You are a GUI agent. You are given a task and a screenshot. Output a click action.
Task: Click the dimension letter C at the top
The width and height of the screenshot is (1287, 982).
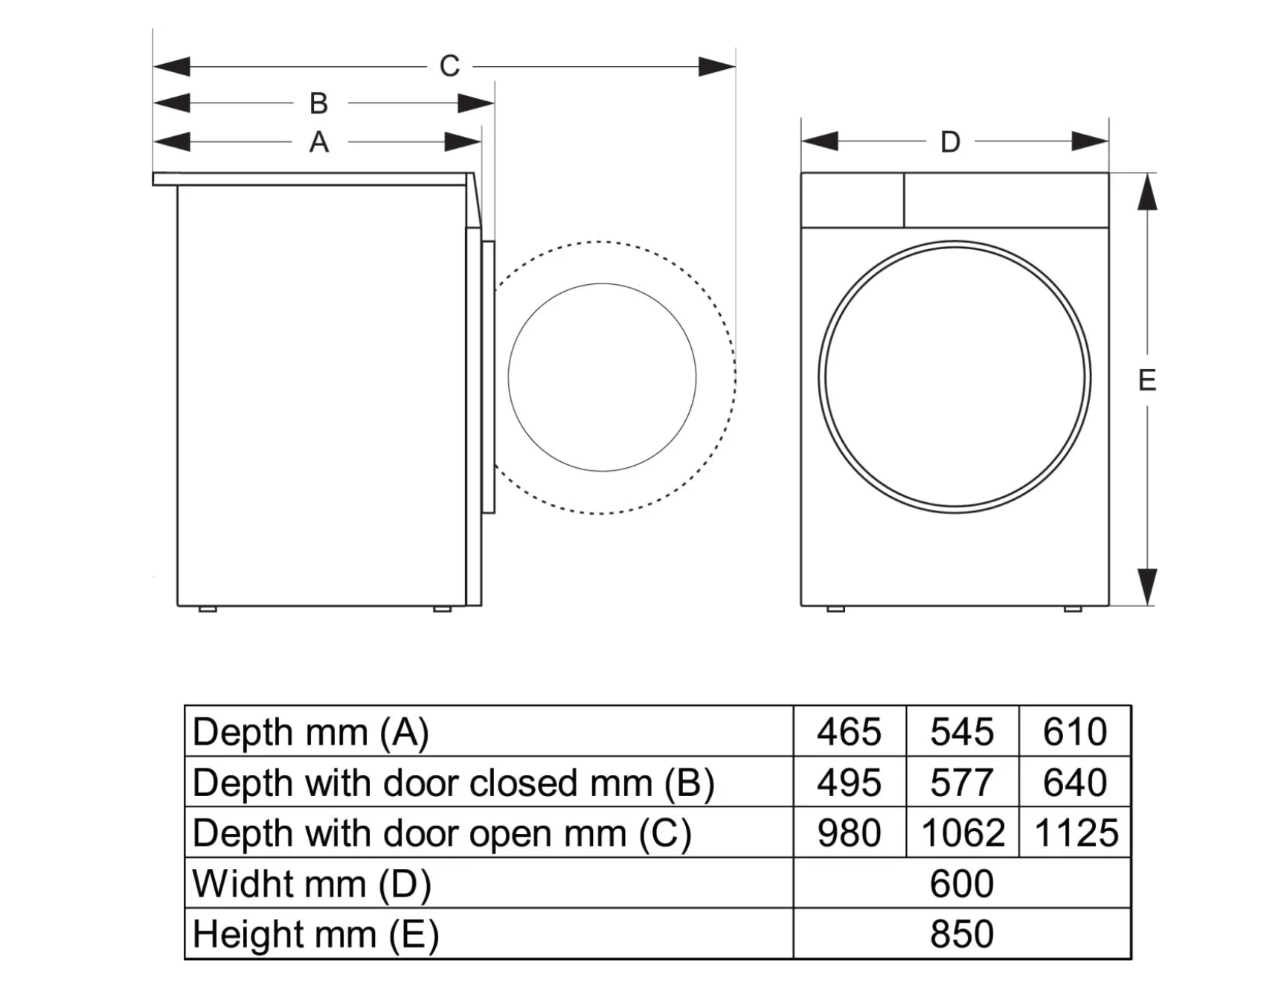click(x=449, y=66)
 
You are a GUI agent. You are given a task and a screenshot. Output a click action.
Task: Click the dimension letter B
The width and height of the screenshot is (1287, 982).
click(x=318, y=103)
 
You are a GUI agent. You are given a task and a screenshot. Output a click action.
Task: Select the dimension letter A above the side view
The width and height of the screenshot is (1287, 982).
click(x=318, y=141)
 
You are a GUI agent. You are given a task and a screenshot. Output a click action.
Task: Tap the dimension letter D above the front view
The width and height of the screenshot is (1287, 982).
click(x=950, y=141)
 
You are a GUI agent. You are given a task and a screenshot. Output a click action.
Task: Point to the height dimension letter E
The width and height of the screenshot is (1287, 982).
click(x=1147, y=380)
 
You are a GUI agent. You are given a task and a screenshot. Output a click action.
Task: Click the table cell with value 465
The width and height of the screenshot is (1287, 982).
click(x=849, y=732)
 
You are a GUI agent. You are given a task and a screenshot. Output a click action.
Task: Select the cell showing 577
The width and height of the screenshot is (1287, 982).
click(x=962, y=783)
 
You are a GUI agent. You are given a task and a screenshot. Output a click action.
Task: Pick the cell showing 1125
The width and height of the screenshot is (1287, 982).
click(x=1076, y=832)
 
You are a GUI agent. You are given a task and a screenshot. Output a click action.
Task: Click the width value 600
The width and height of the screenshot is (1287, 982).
click(x=962, y=884)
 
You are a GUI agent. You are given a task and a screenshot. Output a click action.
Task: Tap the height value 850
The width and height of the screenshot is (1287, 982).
click(x=962, y=934)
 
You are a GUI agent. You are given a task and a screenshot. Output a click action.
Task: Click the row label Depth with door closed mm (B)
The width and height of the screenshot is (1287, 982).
click(x=453, y=783)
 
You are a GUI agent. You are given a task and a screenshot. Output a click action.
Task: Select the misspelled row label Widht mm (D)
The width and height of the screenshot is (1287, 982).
click(x=312, y=884)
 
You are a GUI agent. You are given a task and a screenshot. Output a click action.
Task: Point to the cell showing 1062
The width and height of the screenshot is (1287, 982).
click(x=963, y=832)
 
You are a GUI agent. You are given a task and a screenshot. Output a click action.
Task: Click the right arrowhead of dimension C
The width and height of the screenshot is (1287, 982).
click(x=718, y=67)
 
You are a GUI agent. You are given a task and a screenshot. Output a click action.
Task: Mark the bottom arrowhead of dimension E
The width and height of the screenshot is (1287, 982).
click(x=1148, y=588)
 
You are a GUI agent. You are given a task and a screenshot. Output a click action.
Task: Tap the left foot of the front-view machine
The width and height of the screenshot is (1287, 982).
click(x=835, y=609)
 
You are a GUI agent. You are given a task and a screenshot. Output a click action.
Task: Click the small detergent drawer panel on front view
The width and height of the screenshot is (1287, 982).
click(x=852, y=200)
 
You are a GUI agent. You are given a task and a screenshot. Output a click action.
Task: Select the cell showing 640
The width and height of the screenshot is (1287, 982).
click(x=1075, y=783)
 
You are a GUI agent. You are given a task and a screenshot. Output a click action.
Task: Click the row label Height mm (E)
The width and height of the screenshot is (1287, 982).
click(x=315, y=934)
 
